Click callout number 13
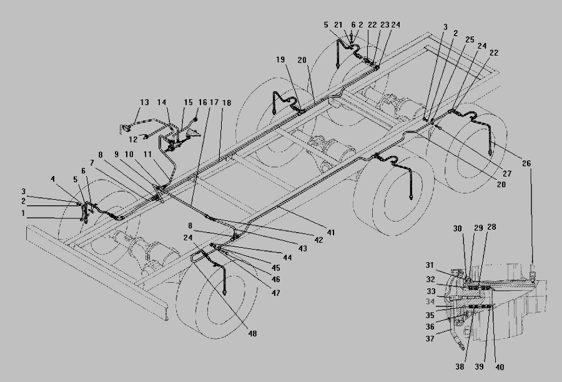144,102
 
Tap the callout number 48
252,334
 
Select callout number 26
527,164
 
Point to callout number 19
280,60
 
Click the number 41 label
331,232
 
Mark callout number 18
226,102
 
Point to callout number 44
288,257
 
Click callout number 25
470,39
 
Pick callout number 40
499,366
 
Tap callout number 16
202,102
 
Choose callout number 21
339,25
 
